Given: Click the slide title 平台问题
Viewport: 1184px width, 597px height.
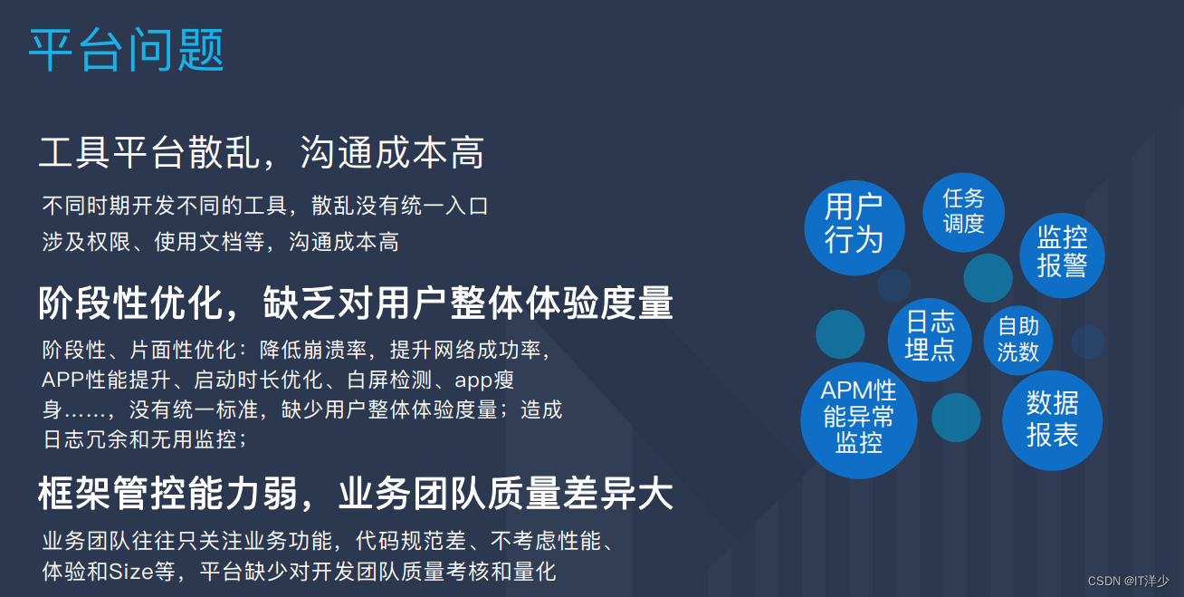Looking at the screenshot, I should [126, 50].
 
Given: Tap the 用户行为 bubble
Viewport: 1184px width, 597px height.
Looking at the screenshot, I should [854, 223].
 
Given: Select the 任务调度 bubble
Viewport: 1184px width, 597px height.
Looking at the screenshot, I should [963, 211].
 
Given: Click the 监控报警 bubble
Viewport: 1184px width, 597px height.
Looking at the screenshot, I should [1061, 251].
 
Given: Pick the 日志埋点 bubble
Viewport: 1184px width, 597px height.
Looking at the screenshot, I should [930, 336].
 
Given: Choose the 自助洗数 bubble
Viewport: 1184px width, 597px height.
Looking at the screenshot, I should [1017, 340].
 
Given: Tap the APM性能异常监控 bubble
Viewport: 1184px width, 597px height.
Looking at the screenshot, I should [858, 418].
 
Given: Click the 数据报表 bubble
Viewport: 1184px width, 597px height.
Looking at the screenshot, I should [1052, 419].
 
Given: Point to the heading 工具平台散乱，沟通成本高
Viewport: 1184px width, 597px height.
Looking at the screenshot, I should [261, 152].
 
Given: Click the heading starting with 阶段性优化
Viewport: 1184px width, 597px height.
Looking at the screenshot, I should [356, 303].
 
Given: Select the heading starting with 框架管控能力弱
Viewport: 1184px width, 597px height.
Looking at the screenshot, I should [356, 495].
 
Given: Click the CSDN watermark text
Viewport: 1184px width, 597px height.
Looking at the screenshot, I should [1128, 581].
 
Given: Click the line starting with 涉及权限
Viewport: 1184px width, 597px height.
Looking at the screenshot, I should [220, 242].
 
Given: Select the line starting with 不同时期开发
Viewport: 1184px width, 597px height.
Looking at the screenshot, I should [265, 206].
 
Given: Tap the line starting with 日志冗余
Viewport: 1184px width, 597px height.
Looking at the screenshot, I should [144, 439].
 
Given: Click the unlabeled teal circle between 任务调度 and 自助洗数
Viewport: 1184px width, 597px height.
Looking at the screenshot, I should [988, 278].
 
